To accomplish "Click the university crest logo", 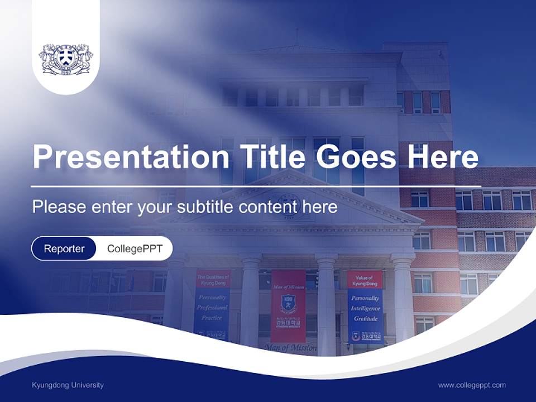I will (65, 59).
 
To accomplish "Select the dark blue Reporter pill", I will (64, 248).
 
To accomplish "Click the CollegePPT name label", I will (134, 248).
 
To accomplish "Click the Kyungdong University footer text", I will (68, 385).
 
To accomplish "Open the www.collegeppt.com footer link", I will (472, 385).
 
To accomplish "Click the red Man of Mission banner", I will (288, 306).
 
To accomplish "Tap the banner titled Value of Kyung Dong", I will (365, 306).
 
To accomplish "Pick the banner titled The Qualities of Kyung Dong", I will (212, 304).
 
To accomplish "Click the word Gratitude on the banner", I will (365, 319).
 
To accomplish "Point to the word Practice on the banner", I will (212, 318).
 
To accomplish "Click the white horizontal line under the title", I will (256, 186).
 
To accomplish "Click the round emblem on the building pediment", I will (288, 205).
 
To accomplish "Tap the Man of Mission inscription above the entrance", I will (290, 348).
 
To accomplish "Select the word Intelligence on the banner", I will (365, 308).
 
